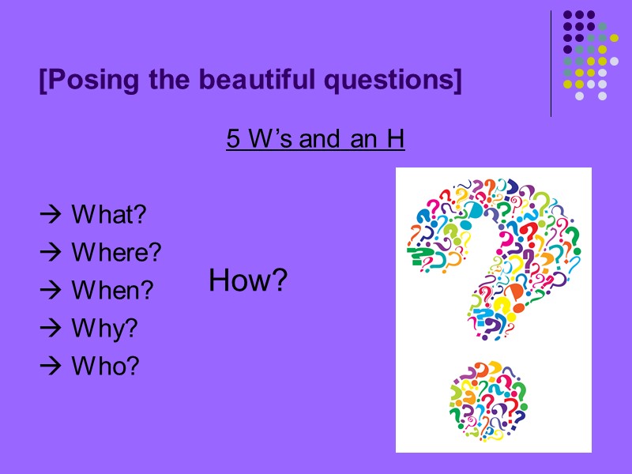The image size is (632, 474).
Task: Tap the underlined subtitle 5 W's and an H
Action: tap(315, 140)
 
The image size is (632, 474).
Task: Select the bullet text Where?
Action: tap(116, 252)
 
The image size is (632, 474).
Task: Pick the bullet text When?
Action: tap(111, 290)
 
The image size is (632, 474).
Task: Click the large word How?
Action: tap(248, 280)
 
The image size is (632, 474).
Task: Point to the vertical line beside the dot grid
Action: tap(551, 63)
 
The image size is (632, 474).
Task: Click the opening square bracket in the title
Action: tap(43, 81)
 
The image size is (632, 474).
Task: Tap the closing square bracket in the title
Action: tap(457, 81)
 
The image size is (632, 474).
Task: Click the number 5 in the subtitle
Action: tap(233, 140)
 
